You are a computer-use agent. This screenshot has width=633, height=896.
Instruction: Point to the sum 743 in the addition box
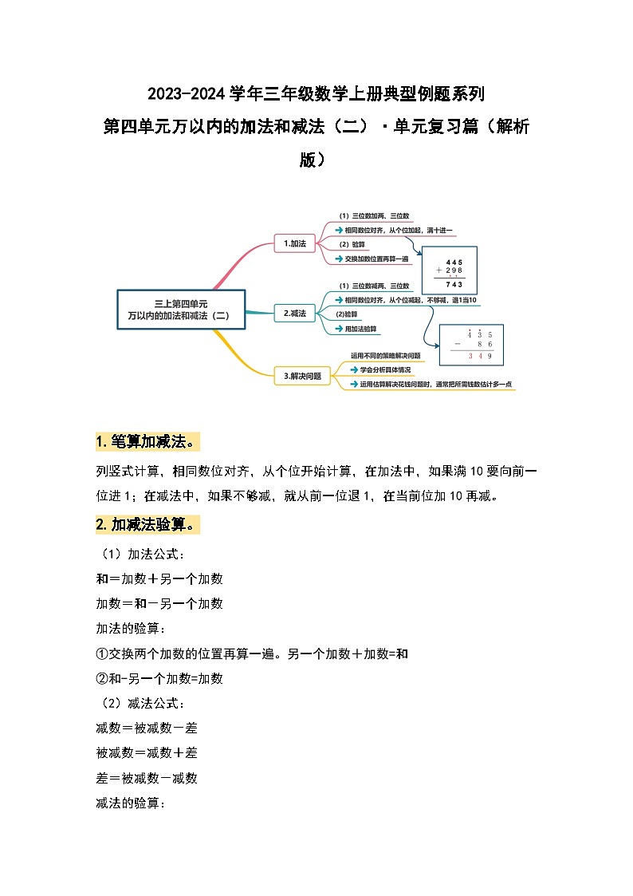coord(454,285)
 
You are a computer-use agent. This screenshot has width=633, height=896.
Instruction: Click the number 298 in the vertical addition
coord(454,270)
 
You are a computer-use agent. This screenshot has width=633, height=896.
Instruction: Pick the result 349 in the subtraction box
coord(481,355)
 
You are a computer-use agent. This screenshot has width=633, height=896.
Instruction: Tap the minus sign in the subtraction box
coord(458,345)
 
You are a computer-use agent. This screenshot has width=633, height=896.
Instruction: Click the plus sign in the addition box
coord(438,270)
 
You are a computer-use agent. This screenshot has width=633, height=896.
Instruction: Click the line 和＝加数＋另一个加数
coord(159,578)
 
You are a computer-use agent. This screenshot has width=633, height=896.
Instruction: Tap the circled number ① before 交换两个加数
coord(101,653)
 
